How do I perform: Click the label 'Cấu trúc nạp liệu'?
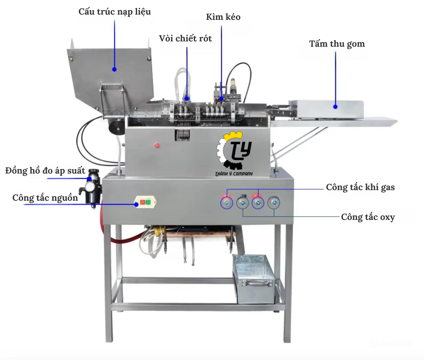click(x=115, y=12)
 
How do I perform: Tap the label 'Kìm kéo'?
click(x=223, y=17)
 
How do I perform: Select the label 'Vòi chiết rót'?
click(x=185, y=38)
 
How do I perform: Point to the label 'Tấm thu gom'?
click(x=337, y=44)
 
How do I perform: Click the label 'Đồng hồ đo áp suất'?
click(x=45, y=171)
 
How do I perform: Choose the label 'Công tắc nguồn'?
click(x=45, y=198)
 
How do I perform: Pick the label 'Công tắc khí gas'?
click(x=360, y=187)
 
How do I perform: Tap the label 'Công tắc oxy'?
click(x=368, y=217)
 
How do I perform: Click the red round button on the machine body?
click(x=157, y=145)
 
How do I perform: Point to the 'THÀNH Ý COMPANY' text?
click(x=234, y=174)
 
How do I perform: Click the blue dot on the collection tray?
click(x=335, y=107)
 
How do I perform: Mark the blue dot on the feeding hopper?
click(x=114, y=69)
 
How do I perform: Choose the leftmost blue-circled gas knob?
click(x=227, y=202)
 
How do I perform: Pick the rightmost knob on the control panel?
click(x=274, y=202)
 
